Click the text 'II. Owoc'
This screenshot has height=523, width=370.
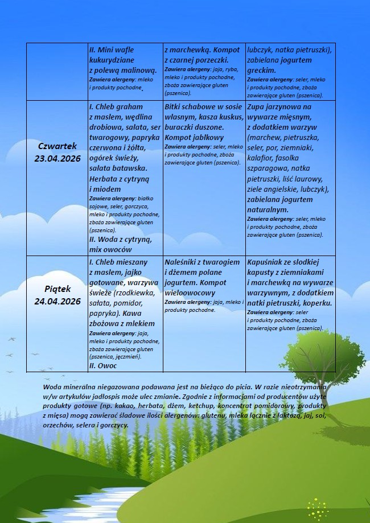click(103, 365)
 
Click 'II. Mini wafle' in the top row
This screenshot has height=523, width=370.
click(112, 50)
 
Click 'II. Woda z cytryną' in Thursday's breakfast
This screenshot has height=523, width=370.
click(120, 240)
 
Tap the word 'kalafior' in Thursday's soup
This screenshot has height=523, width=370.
click(261, 158)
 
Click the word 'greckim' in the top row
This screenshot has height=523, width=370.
click(262, 71)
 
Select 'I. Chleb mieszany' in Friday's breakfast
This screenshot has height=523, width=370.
click(118, 262)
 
